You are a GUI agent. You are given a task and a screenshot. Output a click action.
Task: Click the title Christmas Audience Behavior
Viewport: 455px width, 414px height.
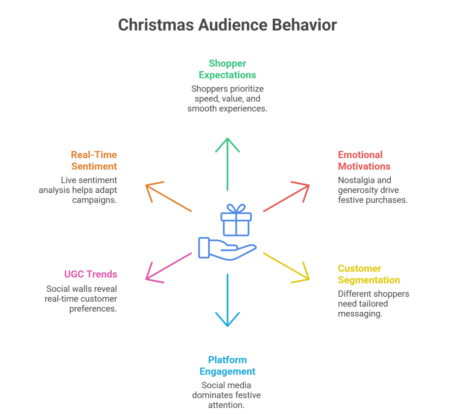(227, 25)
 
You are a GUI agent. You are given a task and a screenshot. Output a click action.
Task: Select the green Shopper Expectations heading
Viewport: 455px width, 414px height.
(227, 69)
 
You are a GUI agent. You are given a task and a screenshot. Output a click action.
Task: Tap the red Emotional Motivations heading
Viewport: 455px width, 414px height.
(364, 160)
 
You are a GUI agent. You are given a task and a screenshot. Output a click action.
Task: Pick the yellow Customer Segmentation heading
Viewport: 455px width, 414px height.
(369, 274)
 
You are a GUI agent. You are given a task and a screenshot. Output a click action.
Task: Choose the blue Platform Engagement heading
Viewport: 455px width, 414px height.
(227, 365)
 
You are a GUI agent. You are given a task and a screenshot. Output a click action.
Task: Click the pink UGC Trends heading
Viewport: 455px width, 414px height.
(90, 274)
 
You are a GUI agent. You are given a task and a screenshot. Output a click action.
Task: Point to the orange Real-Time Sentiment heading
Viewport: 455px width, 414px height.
(94, 160)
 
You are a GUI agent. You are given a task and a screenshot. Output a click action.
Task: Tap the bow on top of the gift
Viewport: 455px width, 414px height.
(236, 208)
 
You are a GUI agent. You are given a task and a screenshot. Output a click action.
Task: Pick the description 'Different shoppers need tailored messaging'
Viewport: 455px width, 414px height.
(373, 303)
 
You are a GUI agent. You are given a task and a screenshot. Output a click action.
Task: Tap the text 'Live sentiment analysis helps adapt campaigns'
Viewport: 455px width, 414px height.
(89, 190)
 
